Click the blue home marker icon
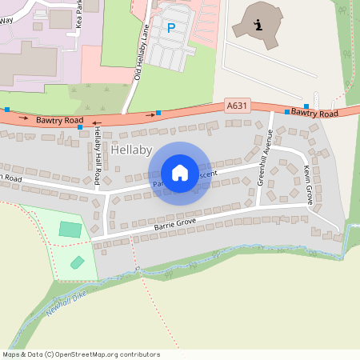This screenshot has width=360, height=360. [179, 172]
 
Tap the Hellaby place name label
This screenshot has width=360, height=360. [131, 150]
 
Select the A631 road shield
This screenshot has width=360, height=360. [236, 105]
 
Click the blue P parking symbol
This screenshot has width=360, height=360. [170, 28]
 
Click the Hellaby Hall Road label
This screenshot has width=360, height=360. [97, 152]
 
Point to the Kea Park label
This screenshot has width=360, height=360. [79, 18]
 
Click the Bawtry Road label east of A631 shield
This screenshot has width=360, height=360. [314, 114]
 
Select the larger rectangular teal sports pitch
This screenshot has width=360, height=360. [70, 230]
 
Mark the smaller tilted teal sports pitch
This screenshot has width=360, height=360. [78, 262]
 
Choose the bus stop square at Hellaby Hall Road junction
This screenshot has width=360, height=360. [80, 126]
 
